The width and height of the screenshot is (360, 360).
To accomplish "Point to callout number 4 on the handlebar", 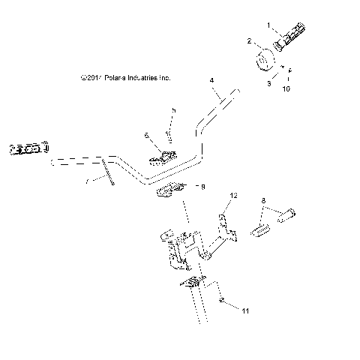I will point(211,79).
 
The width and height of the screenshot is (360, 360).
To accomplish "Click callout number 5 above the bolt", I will point(173,110).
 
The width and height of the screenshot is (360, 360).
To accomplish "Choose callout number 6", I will point(147,136).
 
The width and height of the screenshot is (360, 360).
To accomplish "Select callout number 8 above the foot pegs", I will point(263,201).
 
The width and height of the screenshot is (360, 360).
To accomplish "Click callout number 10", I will point(285,89).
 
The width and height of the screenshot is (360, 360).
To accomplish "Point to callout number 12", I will point(233,196).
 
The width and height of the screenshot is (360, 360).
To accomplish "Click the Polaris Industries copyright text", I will point(125,76).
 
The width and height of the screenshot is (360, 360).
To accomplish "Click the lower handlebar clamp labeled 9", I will point(169,193).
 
